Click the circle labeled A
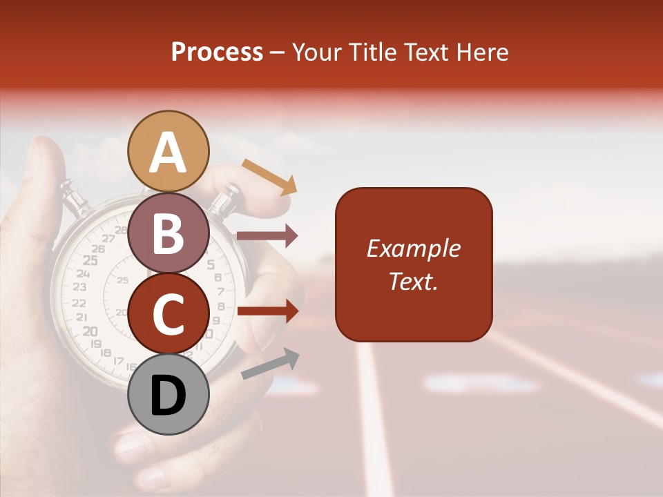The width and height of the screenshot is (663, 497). [x=168, y=151]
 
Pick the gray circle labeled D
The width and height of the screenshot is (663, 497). [x=168, y=394]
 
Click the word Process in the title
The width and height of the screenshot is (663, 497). [x=217, y=52]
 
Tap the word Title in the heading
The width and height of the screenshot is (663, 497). [x=370, y=52]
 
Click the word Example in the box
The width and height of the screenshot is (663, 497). [x=413, y=248]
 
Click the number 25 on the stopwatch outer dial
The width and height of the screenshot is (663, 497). [x=90, y=260]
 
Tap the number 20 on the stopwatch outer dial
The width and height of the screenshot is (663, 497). [x=90, y=331]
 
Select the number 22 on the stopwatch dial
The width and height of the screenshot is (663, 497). [x=79, y=303]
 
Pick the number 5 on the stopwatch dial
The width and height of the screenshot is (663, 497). [x=211, y=264]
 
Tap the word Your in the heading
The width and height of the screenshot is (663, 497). [x=318, y=52]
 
